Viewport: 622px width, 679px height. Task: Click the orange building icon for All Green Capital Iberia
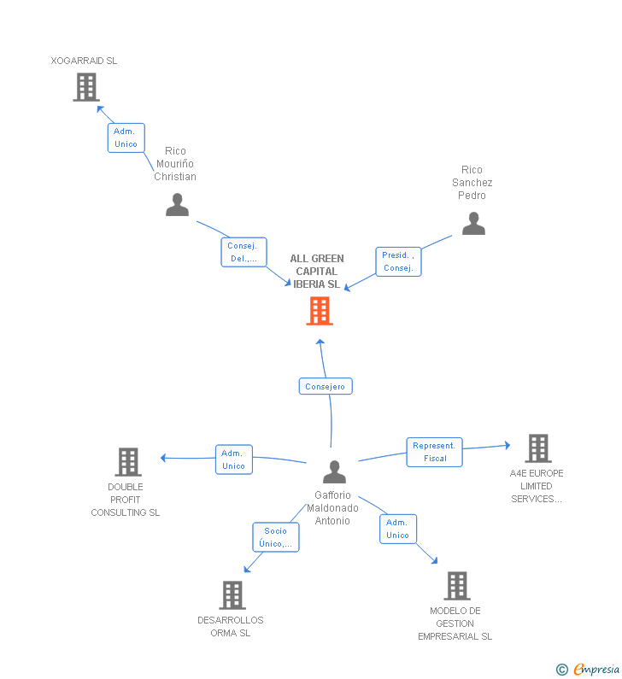coord(320,311)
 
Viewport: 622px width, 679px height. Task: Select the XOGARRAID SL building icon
coord(86,87)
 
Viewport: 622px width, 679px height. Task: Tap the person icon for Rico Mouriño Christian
coord(177,204)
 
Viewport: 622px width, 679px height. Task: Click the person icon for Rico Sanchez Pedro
coord(473,224)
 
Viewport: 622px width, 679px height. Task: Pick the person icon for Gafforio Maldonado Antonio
coord(334,471)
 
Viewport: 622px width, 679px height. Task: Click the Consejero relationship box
coord(326,386)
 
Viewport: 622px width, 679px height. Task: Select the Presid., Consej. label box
coord(398,261)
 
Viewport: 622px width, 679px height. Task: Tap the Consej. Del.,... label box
coord(244,252)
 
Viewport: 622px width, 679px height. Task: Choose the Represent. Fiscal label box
coord(434,452)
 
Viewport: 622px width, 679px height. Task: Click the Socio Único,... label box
coord(276,537)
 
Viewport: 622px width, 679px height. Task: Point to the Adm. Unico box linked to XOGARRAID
coord(126,138)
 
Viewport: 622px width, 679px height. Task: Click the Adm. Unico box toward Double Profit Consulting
coord(234,459)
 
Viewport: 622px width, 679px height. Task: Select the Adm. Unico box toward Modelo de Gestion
coord(398,529)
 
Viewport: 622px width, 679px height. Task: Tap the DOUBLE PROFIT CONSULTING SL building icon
coord(128,461)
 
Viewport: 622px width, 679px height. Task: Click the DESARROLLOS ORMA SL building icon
coord(232,595)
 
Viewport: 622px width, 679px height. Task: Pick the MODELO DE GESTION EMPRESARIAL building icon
coord(457,586)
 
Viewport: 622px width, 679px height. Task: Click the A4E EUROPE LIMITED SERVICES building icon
coord(538,448)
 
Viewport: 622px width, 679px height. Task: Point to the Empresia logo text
coord(596,669)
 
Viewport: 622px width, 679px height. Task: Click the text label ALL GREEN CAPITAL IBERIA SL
coord(317,272)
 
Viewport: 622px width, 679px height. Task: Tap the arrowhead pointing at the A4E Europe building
coord(508,445)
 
